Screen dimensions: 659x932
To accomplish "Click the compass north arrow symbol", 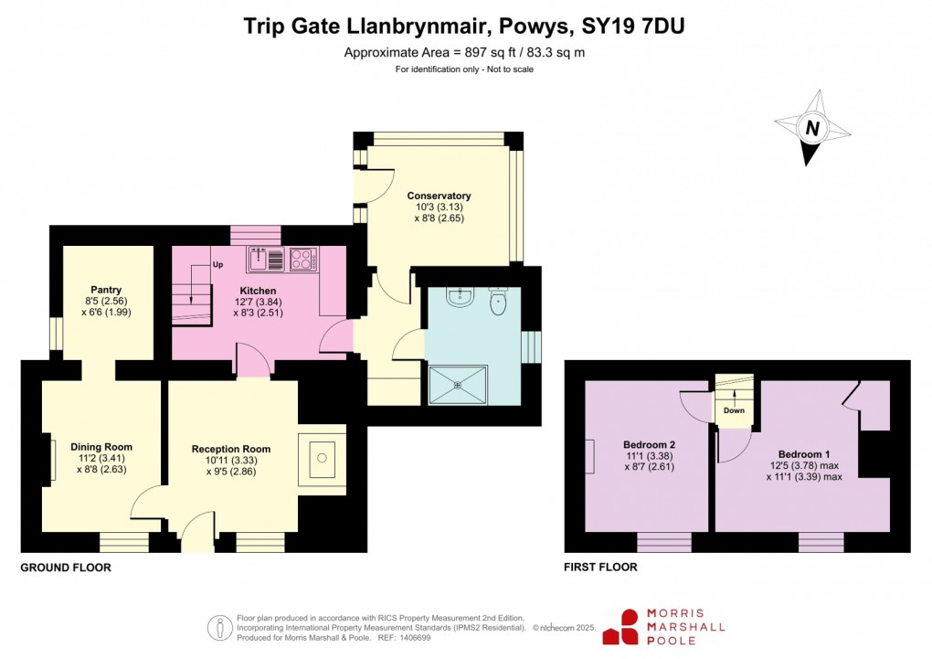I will [810, 128].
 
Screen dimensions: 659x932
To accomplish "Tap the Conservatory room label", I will [439, 196].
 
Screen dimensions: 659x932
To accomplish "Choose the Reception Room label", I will [231, 449].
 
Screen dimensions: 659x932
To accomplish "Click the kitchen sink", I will [268, 260].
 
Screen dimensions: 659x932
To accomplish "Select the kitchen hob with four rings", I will [302, 260].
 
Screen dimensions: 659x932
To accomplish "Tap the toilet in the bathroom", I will [498, 302].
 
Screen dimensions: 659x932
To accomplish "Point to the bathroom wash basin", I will [458, 299].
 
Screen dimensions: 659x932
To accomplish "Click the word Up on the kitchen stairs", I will [217, 265].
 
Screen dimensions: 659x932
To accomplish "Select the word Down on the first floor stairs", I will [734, 410].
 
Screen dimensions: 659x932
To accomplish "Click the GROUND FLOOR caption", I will [66, 568].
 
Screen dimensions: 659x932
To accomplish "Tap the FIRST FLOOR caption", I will [601, 568].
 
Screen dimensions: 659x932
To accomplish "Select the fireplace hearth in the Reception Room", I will [322, 454].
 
